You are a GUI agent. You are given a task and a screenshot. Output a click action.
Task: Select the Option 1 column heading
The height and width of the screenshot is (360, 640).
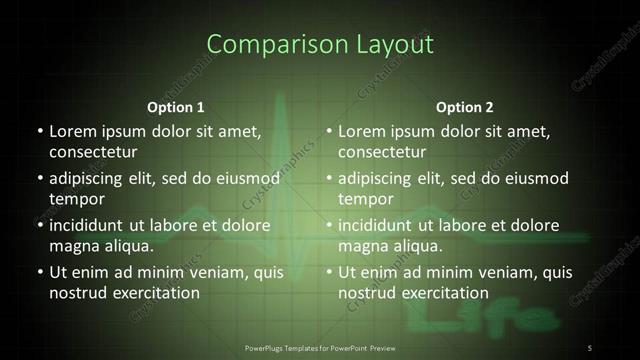[176, 107]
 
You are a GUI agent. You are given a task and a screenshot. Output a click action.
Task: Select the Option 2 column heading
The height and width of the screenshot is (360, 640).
[465, 107]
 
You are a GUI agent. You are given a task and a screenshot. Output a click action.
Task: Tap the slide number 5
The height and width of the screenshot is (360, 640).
[590, 347]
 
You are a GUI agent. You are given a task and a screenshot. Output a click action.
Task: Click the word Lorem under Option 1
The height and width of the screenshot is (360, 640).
[73, 131]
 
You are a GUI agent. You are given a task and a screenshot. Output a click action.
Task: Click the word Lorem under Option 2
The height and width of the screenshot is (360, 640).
[362, 131]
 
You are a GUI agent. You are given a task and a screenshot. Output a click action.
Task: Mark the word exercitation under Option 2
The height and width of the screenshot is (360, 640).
[442, 293]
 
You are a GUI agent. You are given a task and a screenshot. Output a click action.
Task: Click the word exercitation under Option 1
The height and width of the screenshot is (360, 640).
[153, 293]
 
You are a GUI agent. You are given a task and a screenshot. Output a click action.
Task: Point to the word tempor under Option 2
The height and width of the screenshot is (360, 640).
[364, 199]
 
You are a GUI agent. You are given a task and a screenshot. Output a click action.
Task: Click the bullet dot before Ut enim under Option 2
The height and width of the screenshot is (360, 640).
[329, 272]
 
